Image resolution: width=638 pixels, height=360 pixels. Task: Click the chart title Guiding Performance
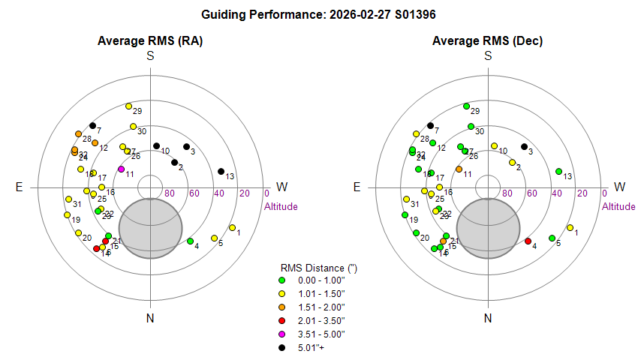319,14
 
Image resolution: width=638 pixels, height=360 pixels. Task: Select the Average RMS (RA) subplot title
150,40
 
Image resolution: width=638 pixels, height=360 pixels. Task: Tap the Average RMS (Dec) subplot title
488,40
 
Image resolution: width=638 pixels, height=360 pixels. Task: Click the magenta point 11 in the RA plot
122,169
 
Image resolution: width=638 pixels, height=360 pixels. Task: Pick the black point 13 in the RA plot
221,172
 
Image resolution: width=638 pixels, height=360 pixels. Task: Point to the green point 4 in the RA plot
190,241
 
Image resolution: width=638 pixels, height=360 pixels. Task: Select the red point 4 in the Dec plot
528,241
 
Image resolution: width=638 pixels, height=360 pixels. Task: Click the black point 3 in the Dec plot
524,146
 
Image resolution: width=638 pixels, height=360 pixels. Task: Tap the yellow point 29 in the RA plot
128,106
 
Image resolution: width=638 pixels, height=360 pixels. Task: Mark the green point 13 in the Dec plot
558,172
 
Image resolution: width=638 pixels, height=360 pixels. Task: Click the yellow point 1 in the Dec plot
570,227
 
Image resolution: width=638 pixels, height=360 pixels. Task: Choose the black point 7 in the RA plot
92,125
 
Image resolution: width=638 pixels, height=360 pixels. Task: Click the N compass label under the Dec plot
488,319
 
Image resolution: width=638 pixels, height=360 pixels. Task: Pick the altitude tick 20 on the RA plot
244,193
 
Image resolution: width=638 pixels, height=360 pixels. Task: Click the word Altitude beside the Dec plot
618,206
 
